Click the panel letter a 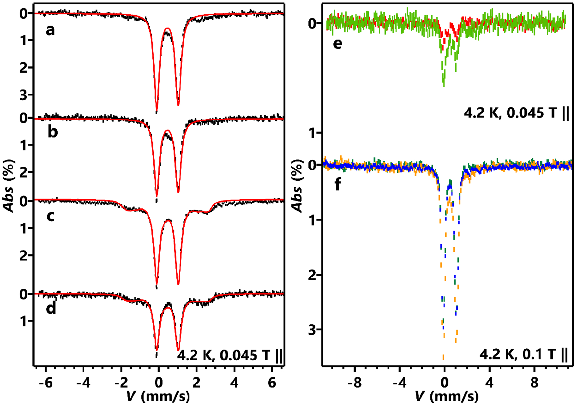coord(50,30)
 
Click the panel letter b coord(52,132)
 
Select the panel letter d coord(51,308)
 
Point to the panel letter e coord(338,43)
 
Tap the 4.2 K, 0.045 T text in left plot coord(230,355)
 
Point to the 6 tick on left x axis coord(272,383)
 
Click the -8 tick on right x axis coord(354,383)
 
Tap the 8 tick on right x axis coord(534,383)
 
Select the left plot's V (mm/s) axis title coord(158,397)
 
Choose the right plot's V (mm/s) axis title coord(447,397)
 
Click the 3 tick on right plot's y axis coord(312,330)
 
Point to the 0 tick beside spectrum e coord(312,23)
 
